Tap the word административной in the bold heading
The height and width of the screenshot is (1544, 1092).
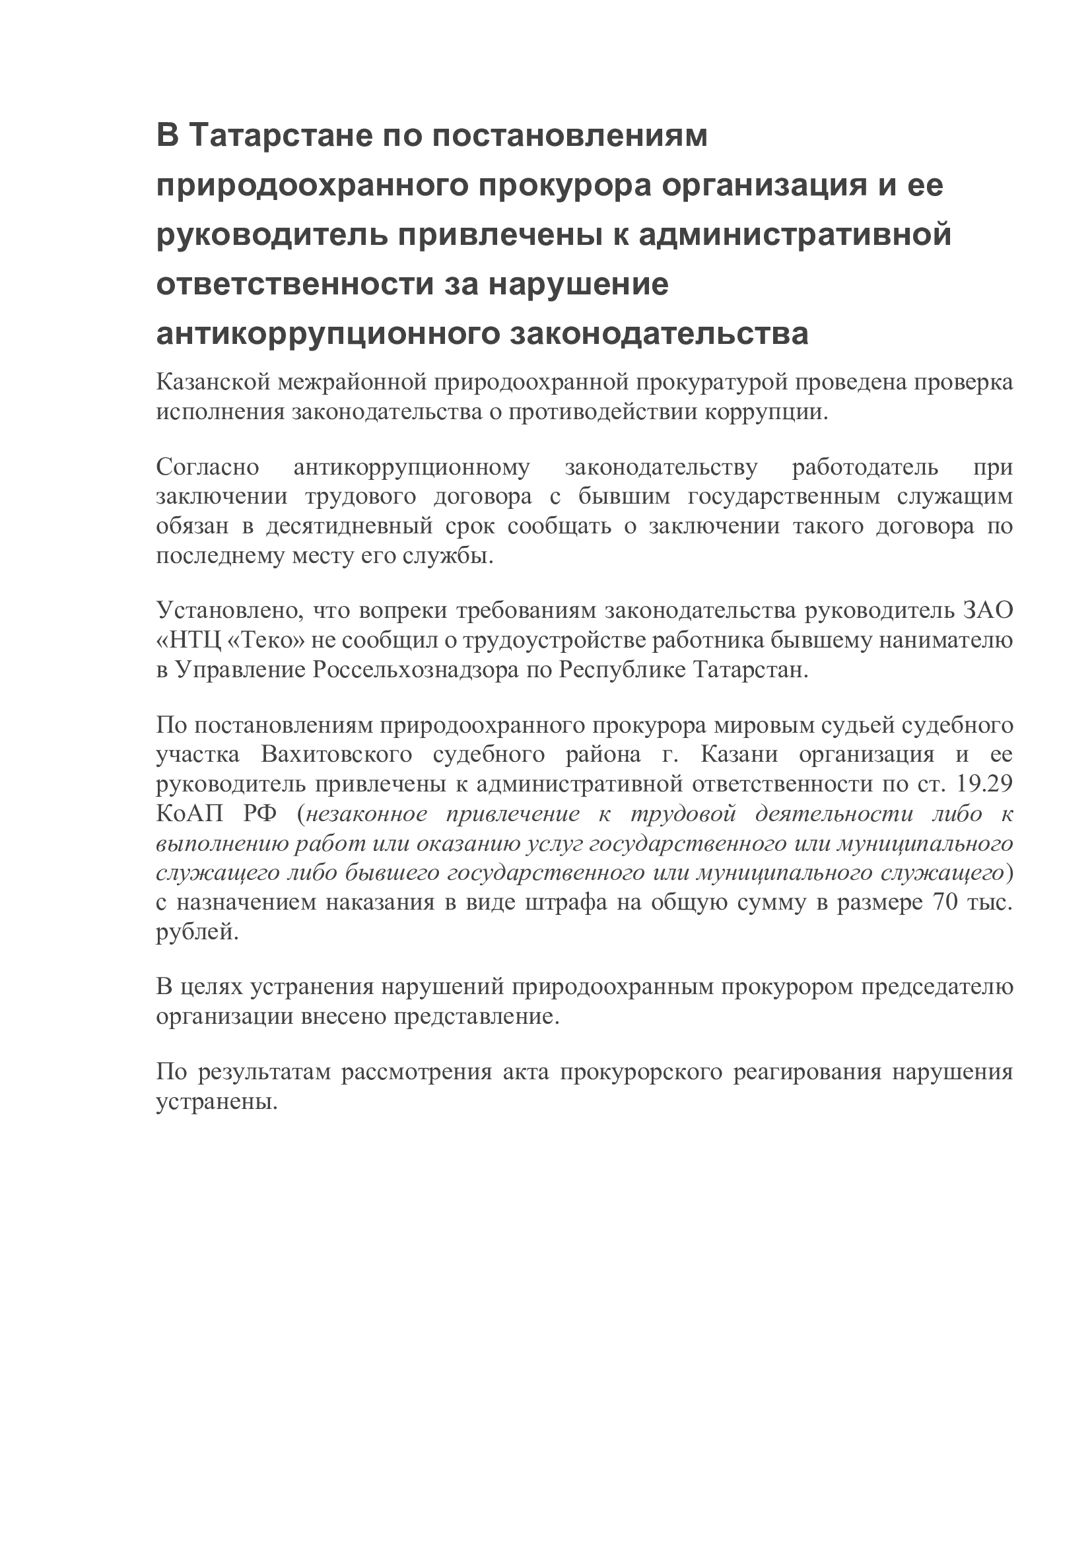795,235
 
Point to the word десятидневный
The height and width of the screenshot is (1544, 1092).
349,526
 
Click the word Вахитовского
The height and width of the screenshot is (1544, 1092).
336,755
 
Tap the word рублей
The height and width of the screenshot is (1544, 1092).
197,932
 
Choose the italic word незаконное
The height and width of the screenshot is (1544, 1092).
366,814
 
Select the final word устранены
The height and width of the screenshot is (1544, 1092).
217,1101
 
